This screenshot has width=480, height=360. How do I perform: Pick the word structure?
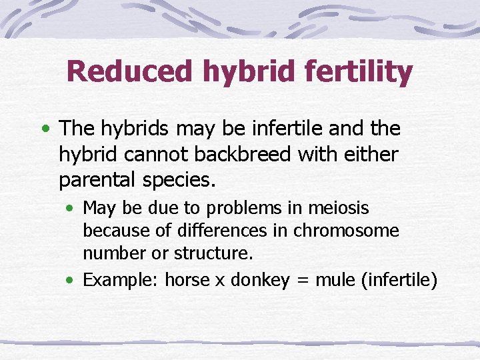pos(212,253)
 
